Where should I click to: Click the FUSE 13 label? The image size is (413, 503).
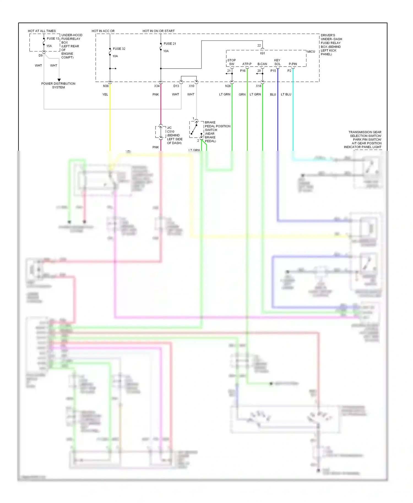coord(53,39)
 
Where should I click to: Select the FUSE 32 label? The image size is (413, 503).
coord(119,49)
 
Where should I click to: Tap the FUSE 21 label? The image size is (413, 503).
coord(170,43)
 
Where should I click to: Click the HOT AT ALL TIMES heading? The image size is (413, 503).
coord(42,31)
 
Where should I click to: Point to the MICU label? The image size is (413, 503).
coord(311,51)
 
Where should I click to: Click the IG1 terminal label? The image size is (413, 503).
coord(262,53)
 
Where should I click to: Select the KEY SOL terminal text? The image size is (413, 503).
coord(277,62)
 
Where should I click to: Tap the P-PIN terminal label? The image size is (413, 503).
coord(293,64)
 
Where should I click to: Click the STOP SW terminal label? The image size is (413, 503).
coord(232,62)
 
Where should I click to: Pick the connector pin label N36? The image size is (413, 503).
coord(106,86)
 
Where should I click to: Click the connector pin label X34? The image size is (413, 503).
coord(157,86)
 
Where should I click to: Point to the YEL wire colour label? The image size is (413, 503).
coord(105,94)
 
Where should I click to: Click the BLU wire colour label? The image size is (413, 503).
coord(273,94)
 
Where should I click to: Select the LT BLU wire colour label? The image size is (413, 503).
coord(286,94)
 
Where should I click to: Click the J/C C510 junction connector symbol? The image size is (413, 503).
coord(161,132)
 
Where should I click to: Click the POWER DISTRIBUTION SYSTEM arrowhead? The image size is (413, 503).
coord(59,80)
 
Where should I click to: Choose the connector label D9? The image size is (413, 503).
coord(40,55)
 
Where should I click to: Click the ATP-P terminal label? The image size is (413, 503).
coord(247,64)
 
